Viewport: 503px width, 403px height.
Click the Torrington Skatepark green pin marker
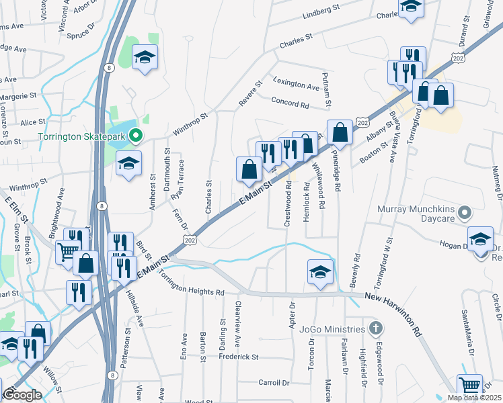tap(135, 136)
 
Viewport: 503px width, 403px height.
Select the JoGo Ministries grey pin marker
tap(376, 329)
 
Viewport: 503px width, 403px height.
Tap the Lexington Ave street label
tap(296, 87)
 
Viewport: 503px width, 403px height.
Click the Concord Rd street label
tap(289, 105)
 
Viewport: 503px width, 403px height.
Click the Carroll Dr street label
tap(273, 382)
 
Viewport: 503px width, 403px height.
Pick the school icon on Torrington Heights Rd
tap(321, 271)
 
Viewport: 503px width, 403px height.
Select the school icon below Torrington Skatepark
tap(128, 163)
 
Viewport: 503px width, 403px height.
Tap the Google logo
tap(22, 395)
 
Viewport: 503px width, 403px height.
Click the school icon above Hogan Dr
tap(480, 238)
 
